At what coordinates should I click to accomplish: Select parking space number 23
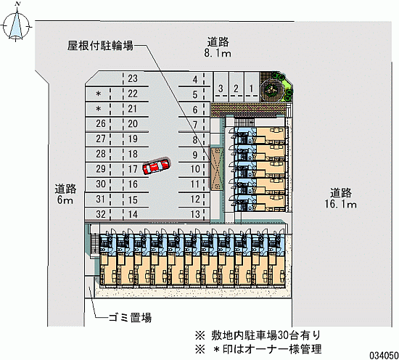(133, 78)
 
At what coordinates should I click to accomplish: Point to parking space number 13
(195, 214)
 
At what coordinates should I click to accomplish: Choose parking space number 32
(101, 214)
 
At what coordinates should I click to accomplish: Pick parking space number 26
(101, 123)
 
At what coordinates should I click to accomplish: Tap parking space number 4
(195, 80)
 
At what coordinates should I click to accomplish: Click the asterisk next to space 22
(99, 94)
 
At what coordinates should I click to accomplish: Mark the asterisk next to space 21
(99, 109)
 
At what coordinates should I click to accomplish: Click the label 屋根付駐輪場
(100, 46)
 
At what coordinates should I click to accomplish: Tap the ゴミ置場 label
(130, 318)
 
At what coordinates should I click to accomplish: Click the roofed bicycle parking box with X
(215, 168)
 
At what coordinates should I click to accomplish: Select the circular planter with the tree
(272, 89)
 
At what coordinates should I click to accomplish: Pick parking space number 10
(195, 169)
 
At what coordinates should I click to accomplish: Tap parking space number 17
(133, 169)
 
